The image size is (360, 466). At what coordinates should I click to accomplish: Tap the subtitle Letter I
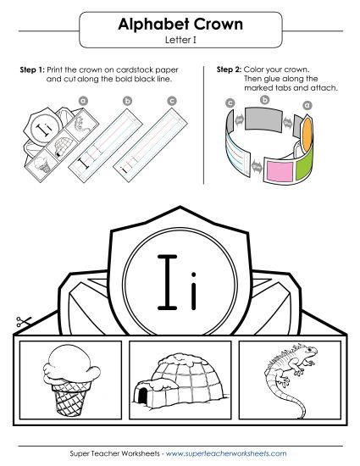click(180, 40)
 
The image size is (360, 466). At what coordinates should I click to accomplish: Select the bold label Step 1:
click(32, 67)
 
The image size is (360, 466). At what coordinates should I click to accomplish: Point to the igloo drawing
click(178, 379)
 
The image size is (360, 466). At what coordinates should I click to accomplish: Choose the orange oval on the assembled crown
click(308, 130)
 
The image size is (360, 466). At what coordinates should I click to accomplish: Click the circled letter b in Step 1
click(128, 101)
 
